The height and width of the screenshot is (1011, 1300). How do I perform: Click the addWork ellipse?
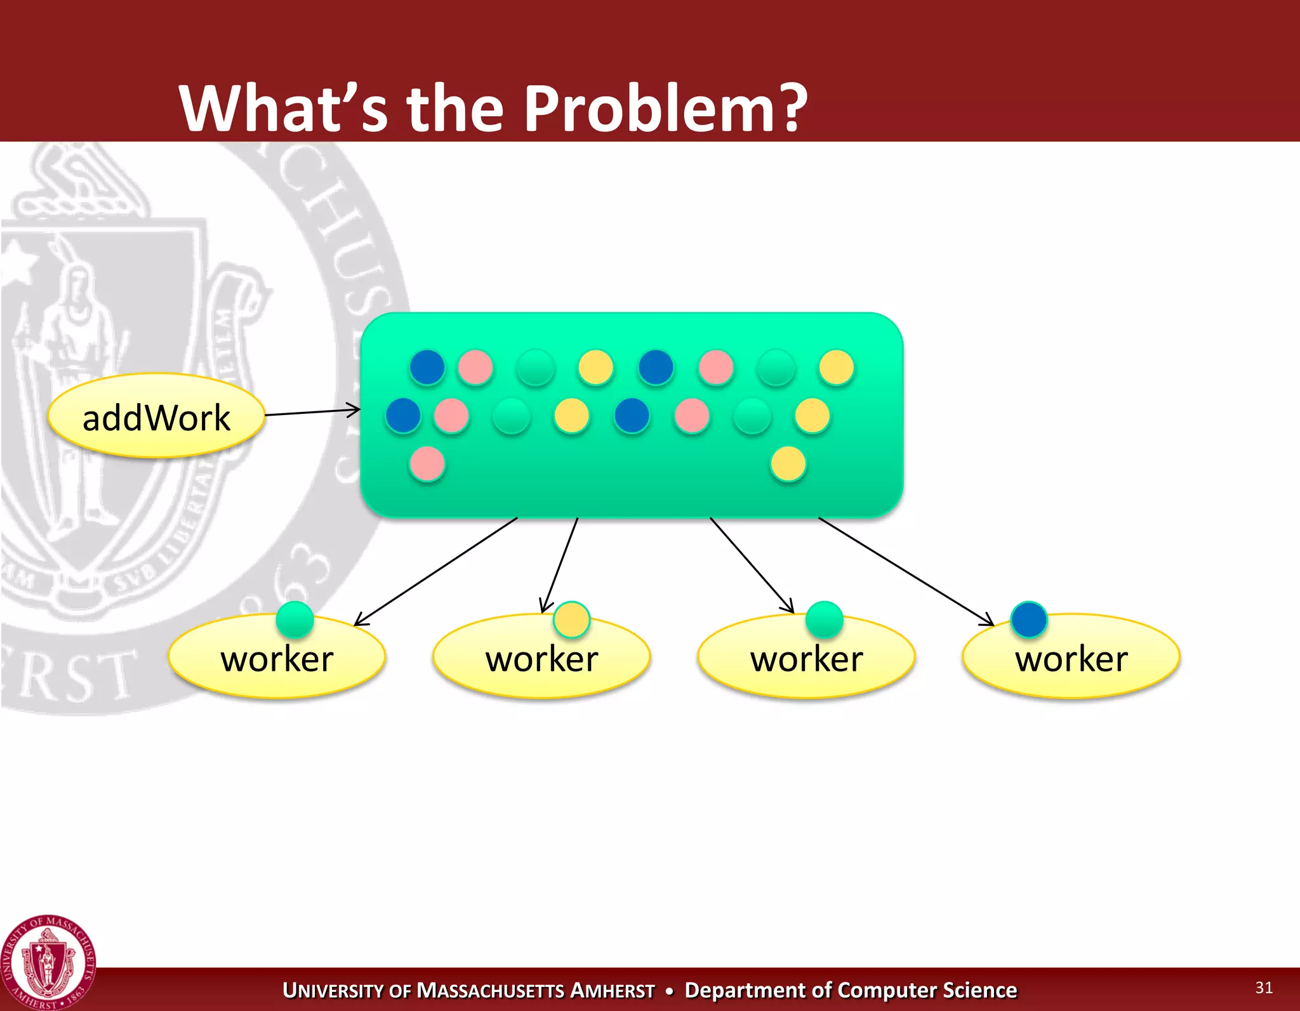coord(156,416)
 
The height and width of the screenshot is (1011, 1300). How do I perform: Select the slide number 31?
coord(1263,988)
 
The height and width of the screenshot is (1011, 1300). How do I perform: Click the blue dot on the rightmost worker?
coord(1028,619)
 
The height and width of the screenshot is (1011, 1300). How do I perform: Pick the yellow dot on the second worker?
coord(571,619)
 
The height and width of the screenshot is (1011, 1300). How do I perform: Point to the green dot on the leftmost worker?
coord(295,619)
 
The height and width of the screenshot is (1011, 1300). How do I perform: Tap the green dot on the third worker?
coord(824,619)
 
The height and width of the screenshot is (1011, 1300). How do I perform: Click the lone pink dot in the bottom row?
coord(427,464)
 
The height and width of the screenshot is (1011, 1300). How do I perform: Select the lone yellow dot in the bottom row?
coord(788,464)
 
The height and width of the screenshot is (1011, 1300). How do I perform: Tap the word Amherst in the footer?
coord(613,991)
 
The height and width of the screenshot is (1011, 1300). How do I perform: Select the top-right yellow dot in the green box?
coord(836,367)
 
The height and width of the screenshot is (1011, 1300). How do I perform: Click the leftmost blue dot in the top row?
coord(427,367)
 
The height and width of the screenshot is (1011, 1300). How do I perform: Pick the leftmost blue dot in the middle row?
coord(403,416)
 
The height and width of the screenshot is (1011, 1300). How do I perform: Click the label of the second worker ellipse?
coord(541,659)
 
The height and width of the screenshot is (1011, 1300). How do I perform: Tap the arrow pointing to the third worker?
coord(752,565)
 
